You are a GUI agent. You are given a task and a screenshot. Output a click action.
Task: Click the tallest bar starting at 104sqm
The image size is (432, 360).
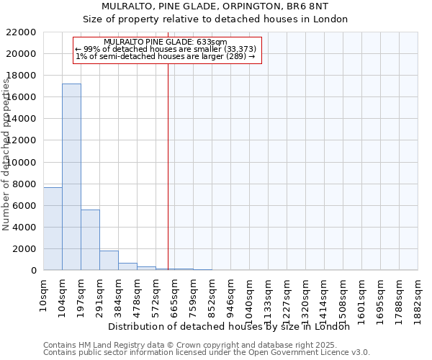tap(71, 176)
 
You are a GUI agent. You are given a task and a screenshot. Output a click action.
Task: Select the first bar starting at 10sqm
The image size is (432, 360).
tap(53, 228)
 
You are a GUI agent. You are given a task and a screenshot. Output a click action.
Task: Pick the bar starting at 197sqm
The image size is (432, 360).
tap(90, 240)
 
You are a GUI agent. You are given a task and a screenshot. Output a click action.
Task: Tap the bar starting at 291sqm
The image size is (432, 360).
tap(109, 260)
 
